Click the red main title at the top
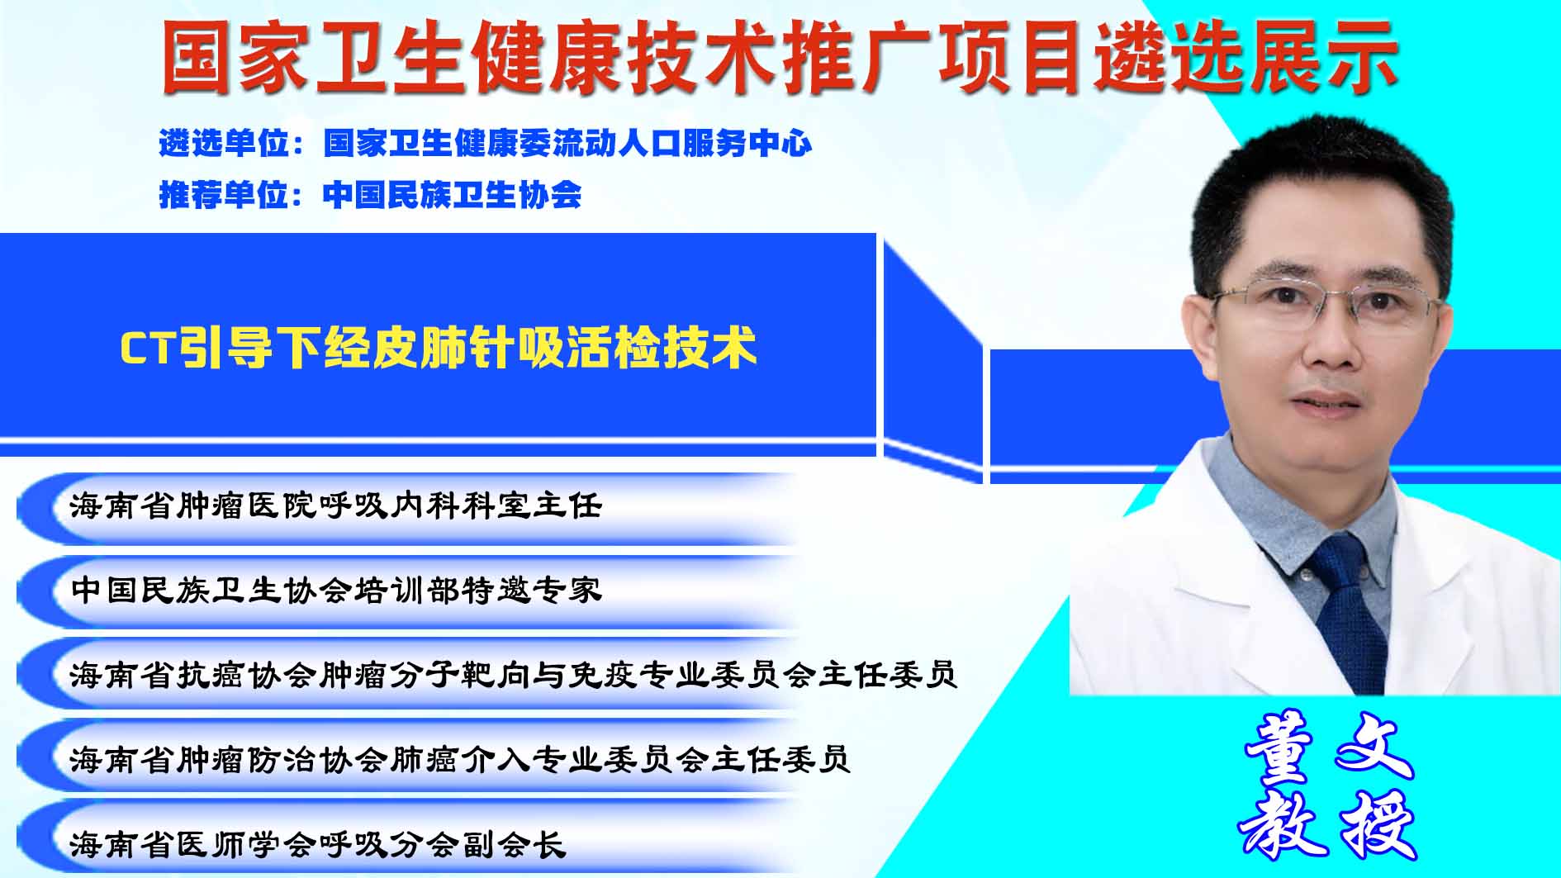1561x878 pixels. (780, 57)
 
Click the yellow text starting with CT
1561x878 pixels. (439, 348)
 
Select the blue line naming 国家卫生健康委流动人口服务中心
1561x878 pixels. (486, 144)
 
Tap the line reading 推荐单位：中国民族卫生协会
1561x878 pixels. (370, 195)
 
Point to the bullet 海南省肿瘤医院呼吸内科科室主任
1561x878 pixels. (336, 505)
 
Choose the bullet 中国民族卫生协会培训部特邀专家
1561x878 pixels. (336, 590)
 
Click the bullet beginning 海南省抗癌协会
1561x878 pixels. (513, 675)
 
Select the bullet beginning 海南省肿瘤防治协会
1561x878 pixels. (460, 759)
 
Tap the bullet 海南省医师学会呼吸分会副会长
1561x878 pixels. (318, 844)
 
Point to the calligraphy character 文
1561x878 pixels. (1376, 746)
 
